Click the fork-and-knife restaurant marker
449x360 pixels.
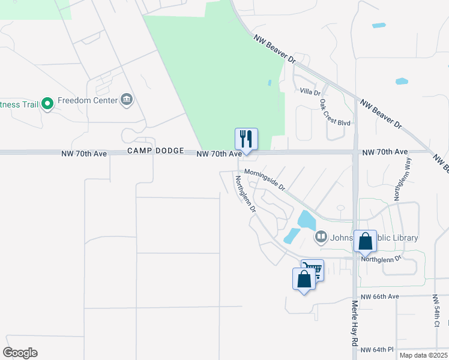coord(246,139)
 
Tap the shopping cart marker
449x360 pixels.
coord(312,270)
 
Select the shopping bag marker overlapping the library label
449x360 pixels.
coord(365,242)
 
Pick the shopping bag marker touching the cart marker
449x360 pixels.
coord(304,279)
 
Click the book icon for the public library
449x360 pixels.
coord(321,238)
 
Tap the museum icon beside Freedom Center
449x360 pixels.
coord(127,100)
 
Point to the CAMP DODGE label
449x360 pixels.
coord(155,151)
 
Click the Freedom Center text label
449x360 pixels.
coord(88,100)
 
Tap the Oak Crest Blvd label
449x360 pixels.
coord(334,112)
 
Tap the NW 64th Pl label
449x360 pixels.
coord(373,350)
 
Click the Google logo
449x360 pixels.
coord(20,353)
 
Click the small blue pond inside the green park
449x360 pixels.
coord(269,83)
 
